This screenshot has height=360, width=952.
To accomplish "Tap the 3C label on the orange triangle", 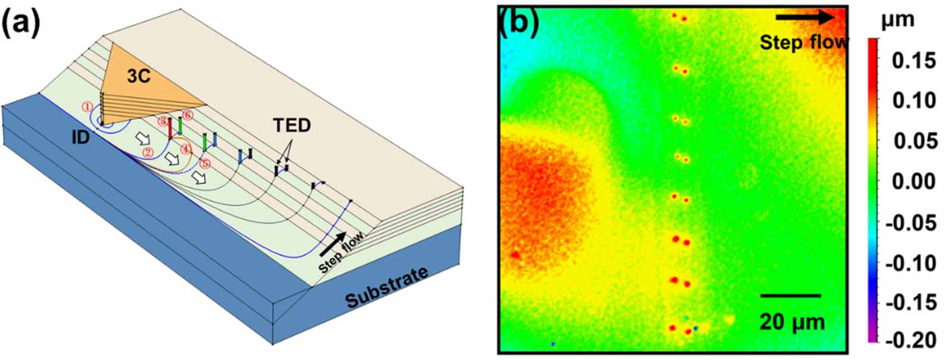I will pyautogui.click(x=138, y=76).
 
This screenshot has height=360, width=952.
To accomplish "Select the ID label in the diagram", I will pyautogui.click(x=80, y=137).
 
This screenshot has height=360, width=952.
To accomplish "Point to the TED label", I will pyautogui.click(x=292, y=126).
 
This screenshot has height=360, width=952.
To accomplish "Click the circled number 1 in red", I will pyautogui.click(x=87, y=107).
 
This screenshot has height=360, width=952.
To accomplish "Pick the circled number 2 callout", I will pyautogui.click(x=147, y=152).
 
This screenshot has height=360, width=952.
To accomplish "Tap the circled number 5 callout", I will pyautogui.click(x=205, y=162).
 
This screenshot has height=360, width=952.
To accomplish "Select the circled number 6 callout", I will pyautogui.click(x=187, y=114).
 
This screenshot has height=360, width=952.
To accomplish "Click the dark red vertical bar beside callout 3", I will pyautogui.click(x=170, y=127).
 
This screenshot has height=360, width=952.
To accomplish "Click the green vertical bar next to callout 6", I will pyautogui.click(x=180, y=126).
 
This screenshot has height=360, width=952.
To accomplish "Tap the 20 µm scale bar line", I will pyautogui.click(x=790, y=295).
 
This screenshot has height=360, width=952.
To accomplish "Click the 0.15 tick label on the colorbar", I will pyautogui.click(x=914, y=60).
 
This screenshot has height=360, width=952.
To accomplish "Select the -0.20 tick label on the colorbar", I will pyautogui.click(x=911, y=340).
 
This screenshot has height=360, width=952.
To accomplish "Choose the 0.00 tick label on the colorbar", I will pyautogui.click(x=914, y=181).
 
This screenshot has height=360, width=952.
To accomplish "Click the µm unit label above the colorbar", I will pyautogui.click(x=897, y=20).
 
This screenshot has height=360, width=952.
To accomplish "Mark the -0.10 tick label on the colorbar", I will pyautogui.click(x=911, y=262).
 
